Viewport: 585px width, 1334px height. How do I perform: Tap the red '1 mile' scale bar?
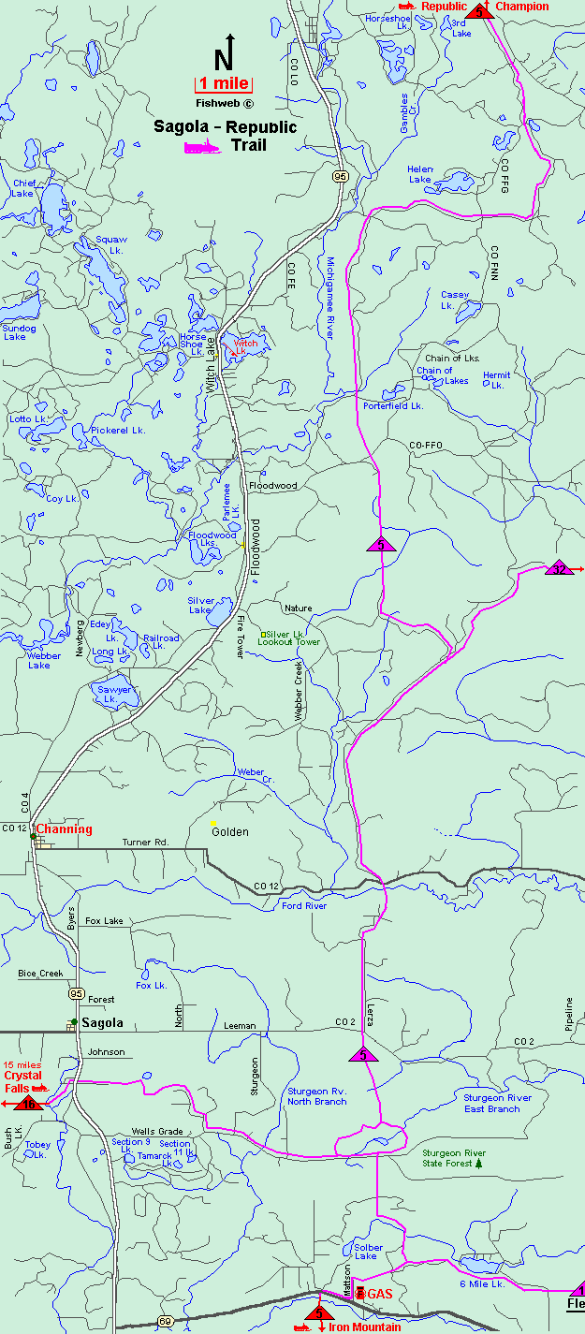(223, 84)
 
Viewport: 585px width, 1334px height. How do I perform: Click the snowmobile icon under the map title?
(201, 147)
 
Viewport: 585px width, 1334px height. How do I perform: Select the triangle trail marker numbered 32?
(559, 568)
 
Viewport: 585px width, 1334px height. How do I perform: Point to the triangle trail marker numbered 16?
(29, 1104)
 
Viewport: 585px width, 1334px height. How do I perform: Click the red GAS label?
(379, 1294)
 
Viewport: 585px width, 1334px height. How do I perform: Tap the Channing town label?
(64, 829)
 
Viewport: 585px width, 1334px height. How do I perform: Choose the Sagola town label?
(102, 1022)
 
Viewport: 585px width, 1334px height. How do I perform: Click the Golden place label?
(229, 831)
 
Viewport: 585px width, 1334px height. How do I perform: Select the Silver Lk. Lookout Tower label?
(293, 638)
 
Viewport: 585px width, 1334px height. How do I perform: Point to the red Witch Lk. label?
(245, 347)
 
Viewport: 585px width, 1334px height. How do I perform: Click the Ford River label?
(303, 905)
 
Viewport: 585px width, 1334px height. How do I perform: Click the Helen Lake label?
(420, 174)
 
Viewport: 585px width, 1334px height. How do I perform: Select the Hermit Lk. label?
(496, 380)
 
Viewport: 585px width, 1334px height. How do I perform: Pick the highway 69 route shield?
(165, 1320)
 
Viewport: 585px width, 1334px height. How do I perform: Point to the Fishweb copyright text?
(224, 104)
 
